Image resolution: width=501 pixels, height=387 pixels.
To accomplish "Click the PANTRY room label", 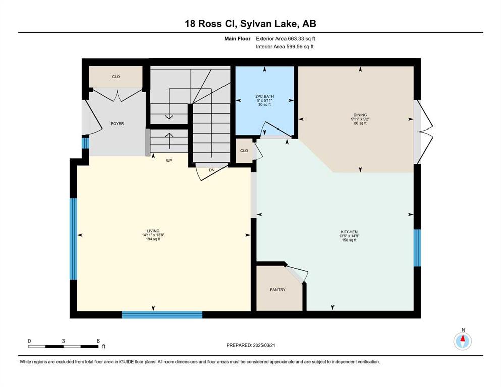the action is coord(277,290).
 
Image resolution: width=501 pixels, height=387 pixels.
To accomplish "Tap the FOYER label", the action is coord(117,124).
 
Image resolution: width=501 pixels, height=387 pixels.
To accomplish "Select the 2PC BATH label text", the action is coord(264,96).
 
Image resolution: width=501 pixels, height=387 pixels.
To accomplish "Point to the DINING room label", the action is coord(360,115).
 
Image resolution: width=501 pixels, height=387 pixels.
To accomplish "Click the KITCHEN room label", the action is coord(349,232).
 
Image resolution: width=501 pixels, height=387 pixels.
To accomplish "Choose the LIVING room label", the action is coord(153,231).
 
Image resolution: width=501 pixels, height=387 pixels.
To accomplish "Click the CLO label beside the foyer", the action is coord(116,77).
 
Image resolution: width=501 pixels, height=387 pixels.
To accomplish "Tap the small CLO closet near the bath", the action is coord(244,151).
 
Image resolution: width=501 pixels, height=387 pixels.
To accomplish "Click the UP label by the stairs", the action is coord(169,160).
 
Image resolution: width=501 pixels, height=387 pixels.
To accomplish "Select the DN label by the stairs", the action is coord(212,170).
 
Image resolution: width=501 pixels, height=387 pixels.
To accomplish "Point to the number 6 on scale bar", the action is coord(98,341).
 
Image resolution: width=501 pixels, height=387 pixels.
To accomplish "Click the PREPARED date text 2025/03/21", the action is coord(264,345).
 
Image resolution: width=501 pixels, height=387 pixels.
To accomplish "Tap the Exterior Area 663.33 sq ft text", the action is coord(286,39).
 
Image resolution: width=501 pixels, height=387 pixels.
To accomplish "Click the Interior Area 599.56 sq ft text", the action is coord(285,46).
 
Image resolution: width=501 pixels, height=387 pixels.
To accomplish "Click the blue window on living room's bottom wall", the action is coord(162,315).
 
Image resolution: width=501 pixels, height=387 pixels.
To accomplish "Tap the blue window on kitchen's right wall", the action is coord(417,248).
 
